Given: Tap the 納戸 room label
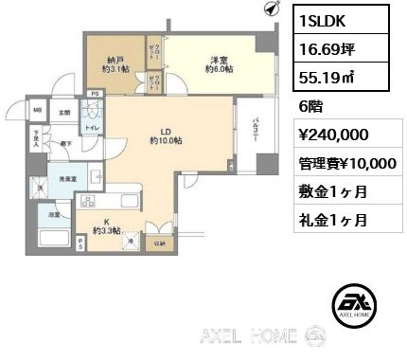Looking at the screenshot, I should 115,63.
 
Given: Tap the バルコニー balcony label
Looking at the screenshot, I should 257,134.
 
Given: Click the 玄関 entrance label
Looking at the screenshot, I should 63,114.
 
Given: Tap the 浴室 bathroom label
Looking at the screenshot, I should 44,216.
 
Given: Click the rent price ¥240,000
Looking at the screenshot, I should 334,135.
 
